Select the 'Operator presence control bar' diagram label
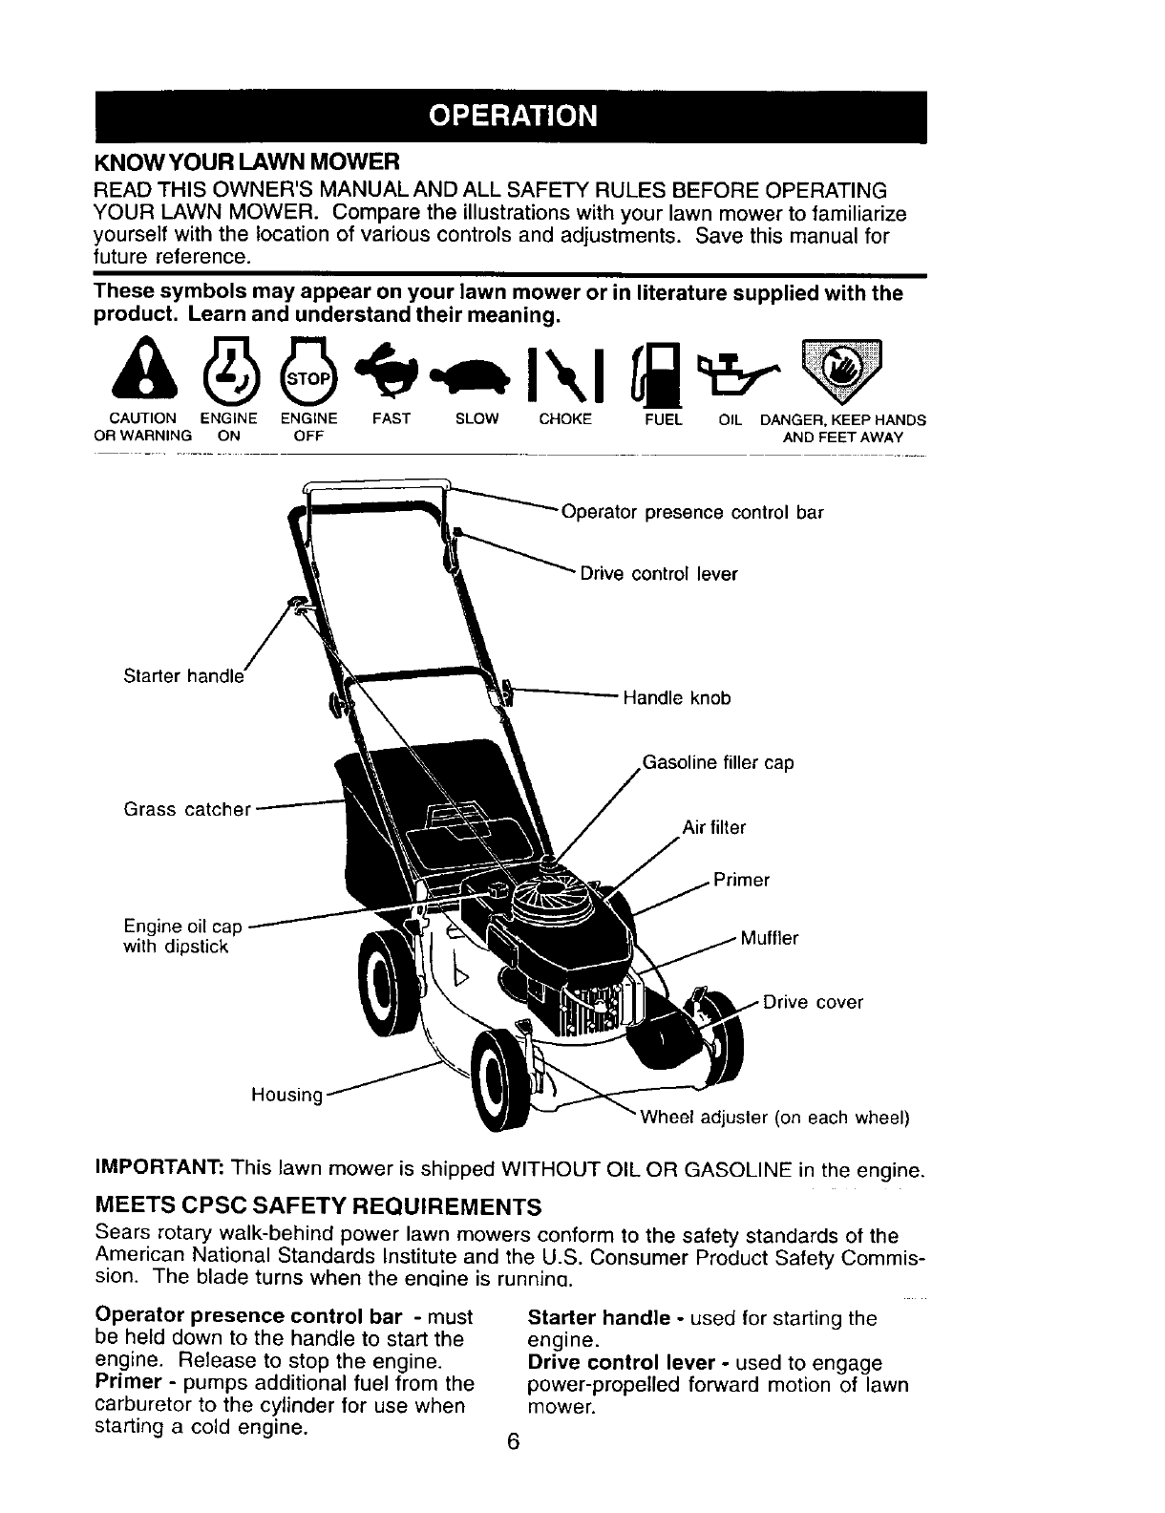(692, 512)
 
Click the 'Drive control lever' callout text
(658, 574)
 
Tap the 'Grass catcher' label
(187, 810)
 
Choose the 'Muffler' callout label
(769, 938)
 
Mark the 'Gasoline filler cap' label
(718, 763)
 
